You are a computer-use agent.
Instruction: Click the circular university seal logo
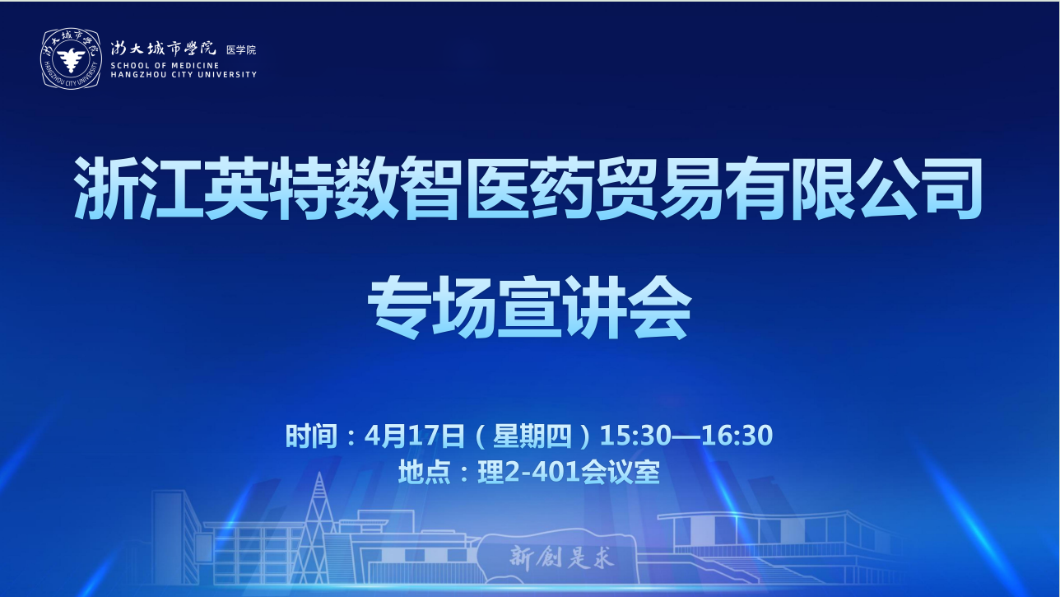click(x=71, y=58)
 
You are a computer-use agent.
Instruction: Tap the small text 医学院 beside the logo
click(x=241, y=49)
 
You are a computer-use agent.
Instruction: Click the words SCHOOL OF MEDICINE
click(x=165, y=65)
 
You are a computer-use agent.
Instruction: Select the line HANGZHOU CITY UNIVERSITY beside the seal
click(x=184, y=74)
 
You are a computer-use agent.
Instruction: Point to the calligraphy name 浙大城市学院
click(x=163, y=49)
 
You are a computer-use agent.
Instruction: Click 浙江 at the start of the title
click(x=137, y=189)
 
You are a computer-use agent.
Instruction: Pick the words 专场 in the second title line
click(x=431, y=308)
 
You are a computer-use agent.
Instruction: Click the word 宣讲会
click(x=595, y=308)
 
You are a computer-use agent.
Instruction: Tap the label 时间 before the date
click(x=311, y=436)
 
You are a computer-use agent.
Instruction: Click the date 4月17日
click(x=415, y=436)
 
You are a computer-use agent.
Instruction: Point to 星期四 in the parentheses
click(x=532, y=436)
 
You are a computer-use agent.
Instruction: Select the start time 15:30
click(x=635, y=436)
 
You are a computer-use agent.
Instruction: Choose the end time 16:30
click(x=737, y=436)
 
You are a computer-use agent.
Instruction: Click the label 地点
click(x=425, y=472)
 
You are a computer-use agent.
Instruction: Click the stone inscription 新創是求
click(x=562, y=557)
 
